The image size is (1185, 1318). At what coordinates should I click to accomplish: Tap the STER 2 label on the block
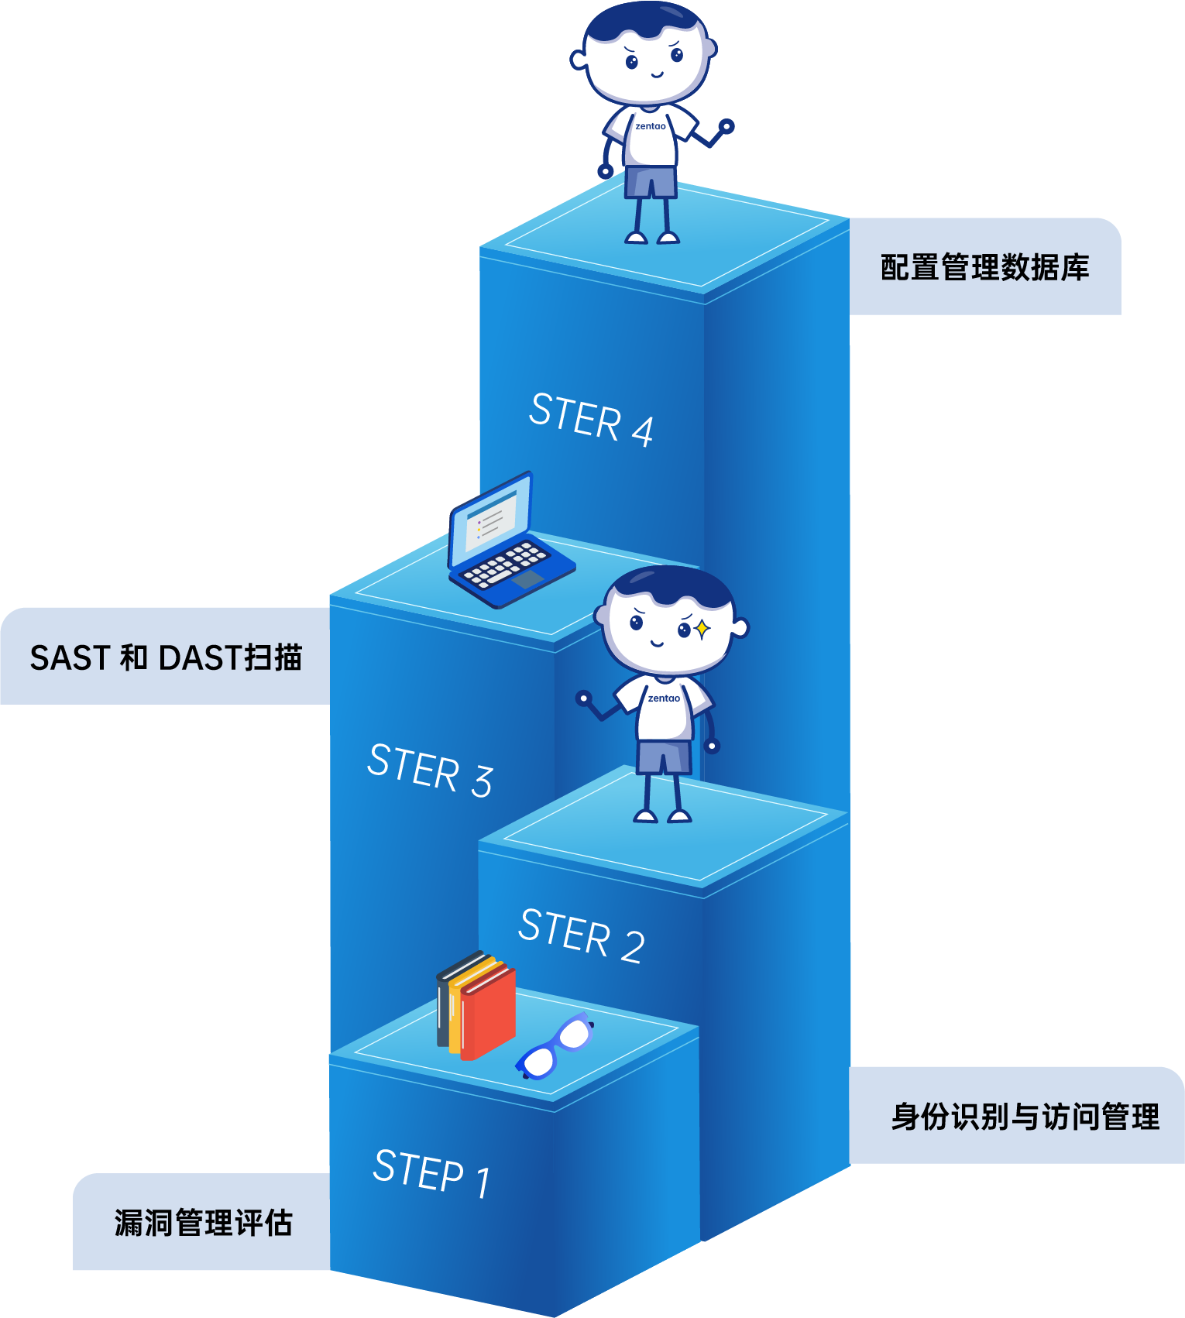pyautogui.click(x=581, y=935)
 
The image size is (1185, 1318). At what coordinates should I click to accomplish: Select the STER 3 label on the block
pyautogui.click(x=430, y=770)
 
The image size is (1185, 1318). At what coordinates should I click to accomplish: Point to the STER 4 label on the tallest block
pyautogui.click(x=591, y=419)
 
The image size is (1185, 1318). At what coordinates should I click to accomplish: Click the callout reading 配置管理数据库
pyautogui.click(x=984, y=267)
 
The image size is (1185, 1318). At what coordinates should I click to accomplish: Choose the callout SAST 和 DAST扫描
pyautogui.click(x=166, y=657)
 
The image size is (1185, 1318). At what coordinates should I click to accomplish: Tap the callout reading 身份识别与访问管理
pyautogui.click(x=1025, y=1117)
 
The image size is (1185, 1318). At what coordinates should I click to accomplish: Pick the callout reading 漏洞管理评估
pyautogui.click(x=203, y=1223)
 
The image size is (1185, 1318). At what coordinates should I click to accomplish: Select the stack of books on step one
pyautogui.click(x=476, y=1004)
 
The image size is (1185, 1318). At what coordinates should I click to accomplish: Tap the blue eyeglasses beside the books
pyautogui.click(x=555, y=1047)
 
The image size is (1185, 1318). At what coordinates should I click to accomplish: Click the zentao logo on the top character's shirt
pyautogui.click(x=651, y=126)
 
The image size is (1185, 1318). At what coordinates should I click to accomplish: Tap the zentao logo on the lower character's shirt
pyautogui.click(x=664, y=698)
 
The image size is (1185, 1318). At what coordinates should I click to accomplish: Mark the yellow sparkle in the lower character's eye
pyautogui.click(x=702, y=630)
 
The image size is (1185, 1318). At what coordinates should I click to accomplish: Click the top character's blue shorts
pyautogui.click(x=651, y=182)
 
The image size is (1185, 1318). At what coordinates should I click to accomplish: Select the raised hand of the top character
pyautogui.click(x=726, y=125)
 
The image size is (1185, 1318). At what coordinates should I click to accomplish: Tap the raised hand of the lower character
pyautogui.click(x=584, y=698)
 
